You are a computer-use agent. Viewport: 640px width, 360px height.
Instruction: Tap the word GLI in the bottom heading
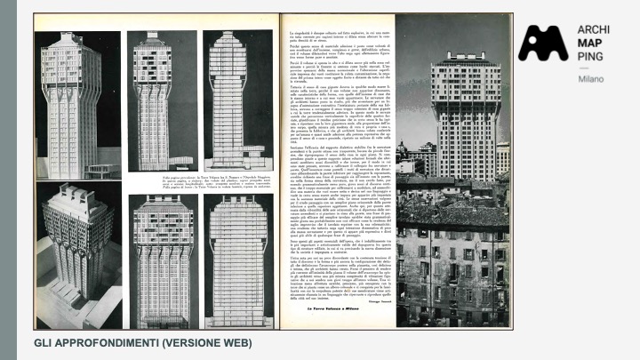click(44, 341)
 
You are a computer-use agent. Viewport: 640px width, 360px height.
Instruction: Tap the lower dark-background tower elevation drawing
click(161, 258)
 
